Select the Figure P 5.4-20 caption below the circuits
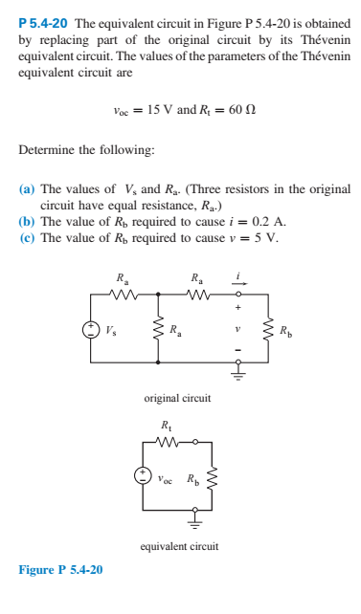pyautogui.click(x=61, y=570)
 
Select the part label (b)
pyautogui.click(x=28, y=221)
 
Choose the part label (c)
pyautogui.click(x=28, y=236)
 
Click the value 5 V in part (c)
pyautogui.click(x=265, y=236)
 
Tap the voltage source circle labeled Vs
pyautogui.click(x=92, y=330)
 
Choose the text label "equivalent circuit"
pyautogui.click(x=179, y=547)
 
